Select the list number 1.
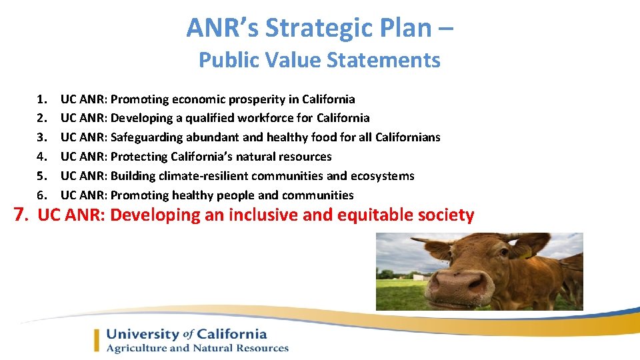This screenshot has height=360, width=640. click(42, 99)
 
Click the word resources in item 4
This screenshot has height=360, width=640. click(305, 157)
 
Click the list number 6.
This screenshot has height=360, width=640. click(42, 195)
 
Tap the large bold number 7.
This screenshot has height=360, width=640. click(22, 215)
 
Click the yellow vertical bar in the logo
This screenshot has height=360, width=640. click(97, 340)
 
